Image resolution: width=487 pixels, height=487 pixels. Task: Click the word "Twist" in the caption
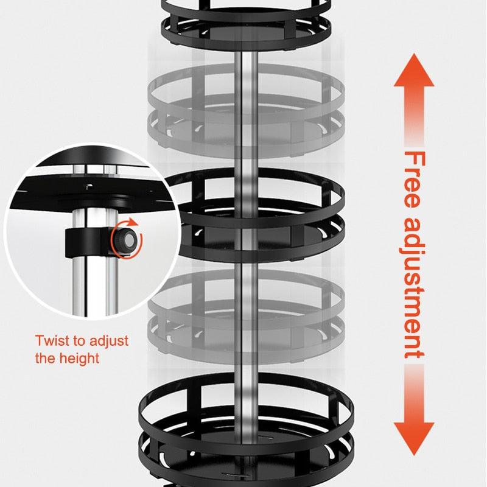[x=51, y=340]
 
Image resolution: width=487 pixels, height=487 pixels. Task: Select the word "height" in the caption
[x=79, y=357]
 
